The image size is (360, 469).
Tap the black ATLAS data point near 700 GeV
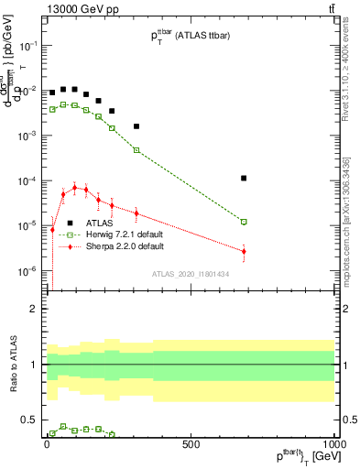[x=244, y=178]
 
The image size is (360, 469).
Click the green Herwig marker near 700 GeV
[x=244, y=222]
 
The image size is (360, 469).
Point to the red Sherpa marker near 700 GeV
[x=244, y=251]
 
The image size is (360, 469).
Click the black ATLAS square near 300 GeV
[x=136, y=126]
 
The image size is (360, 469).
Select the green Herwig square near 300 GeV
[x=136, y=150]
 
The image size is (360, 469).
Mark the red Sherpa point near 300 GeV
[x=136, y=213]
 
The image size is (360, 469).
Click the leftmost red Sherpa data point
[x=52, y=230]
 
